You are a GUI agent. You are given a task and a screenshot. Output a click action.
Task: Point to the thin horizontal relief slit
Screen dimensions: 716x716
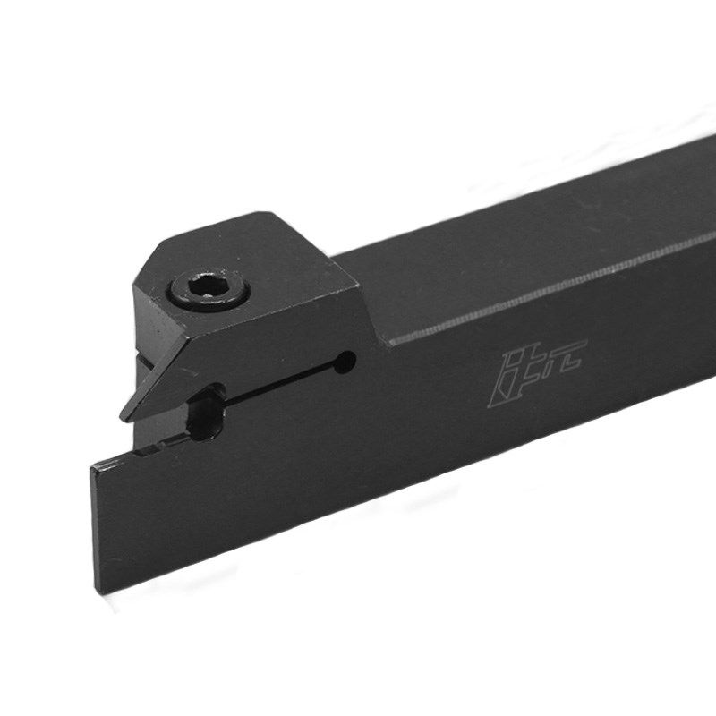point(277,381)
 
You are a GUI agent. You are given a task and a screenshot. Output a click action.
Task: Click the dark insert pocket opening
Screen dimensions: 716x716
point(204,413)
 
